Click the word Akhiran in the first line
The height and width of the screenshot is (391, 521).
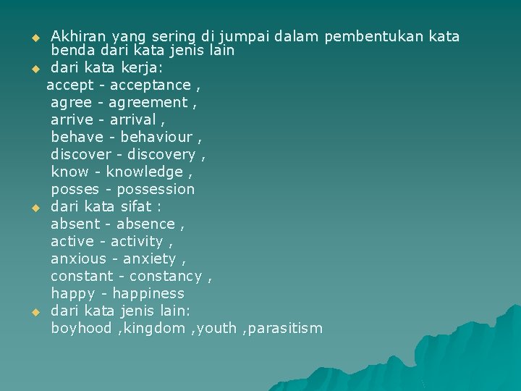(x=78, y=36)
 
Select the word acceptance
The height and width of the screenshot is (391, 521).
(x=150, y=85)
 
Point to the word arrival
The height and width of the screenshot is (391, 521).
(x=133, y=120)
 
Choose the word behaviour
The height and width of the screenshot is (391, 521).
(x=156, y=138)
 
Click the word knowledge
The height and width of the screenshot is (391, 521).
(x=145, y=172)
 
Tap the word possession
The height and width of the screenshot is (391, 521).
(x=156, y=190)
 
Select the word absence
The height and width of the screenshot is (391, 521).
(x=145, y=224)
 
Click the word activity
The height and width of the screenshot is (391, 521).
(x=137, y=242)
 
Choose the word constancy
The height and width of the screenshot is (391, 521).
(x=166, y=277)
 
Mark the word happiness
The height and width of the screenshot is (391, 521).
(x=148, y=294)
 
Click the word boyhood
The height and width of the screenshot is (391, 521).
(x=81, y=329)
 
